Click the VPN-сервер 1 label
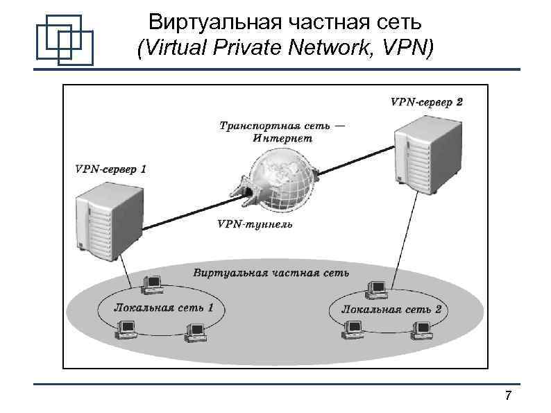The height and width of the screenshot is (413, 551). [x=110, y=169]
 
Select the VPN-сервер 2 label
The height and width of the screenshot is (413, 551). [x=427, y=101]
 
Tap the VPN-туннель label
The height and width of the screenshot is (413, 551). [x=255, y=224]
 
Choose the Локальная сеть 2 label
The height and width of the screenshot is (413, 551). [x=391, y=309]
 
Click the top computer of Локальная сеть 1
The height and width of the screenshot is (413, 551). [x=151, y=283]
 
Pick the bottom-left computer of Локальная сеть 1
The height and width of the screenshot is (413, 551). [x=127, y=328]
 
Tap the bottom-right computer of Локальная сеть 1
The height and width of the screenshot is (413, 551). [x=194, y=332]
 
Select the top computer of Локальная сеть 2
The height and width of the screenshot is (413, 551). [x=378, y=288]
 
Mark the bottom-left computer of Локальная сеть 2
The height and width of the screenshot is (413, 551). [x=350, y=328]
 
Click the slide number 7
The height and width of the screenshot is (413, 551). [x=509, y=396]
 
